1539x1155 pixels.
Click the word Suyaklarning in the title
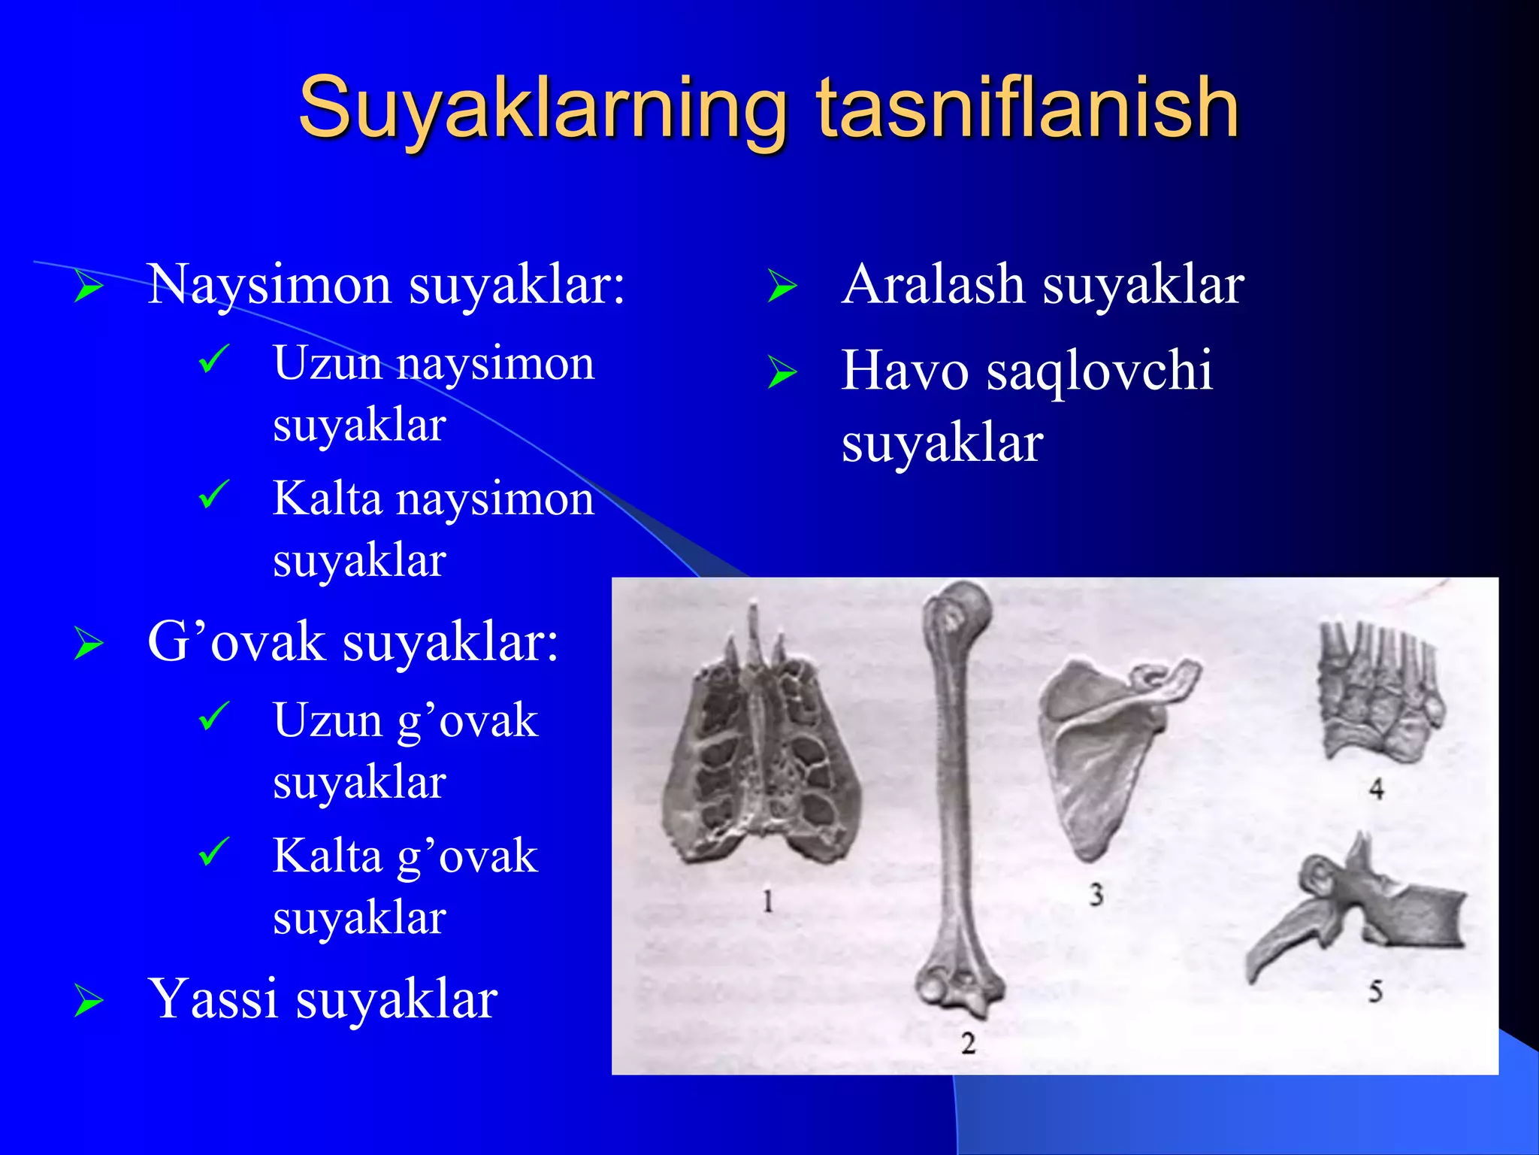[x=541, y=109]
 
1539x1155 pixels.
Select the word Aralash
[x=933, y=286]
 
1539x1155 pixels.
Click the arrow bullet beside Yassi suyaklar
[x=89, y=1002]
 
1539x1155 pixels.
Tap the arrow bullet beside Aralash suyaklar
[x=782, y=287]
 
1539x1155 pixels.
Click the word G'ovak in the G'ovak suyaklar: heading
[x=236, y=643]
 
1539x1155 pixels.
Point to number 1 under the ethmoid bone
[x=767, y=901]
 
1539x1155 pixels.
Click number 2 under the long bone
[x=968, y=1043]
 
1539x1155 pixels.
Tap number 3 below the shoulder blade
[x=1096, y=895]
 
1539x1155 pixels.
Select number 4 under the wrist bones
[x=1376, y=789]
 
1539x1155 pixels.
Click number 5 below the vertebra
[x=1374, y=991]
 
